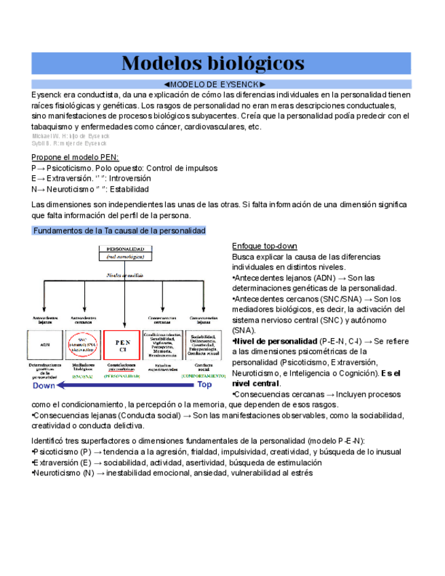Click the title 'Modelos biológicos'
click(x=213, y=63)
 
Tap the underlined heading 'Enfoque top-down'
click(x=264, y=245)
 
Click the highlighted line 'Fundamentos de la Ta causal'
click(x=119, y=231)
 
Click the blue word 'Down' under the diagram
click(x=44, y=385)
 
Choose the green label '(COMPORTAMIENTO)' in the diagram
click(x=203, y=376)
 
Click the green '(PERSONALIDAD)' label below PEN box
click(x=122, y=376)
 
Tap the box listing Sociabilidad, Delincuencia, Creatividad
click(x=204, y=346)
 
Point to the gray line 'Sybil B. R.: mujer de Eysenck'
click(x=69, y=144)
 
